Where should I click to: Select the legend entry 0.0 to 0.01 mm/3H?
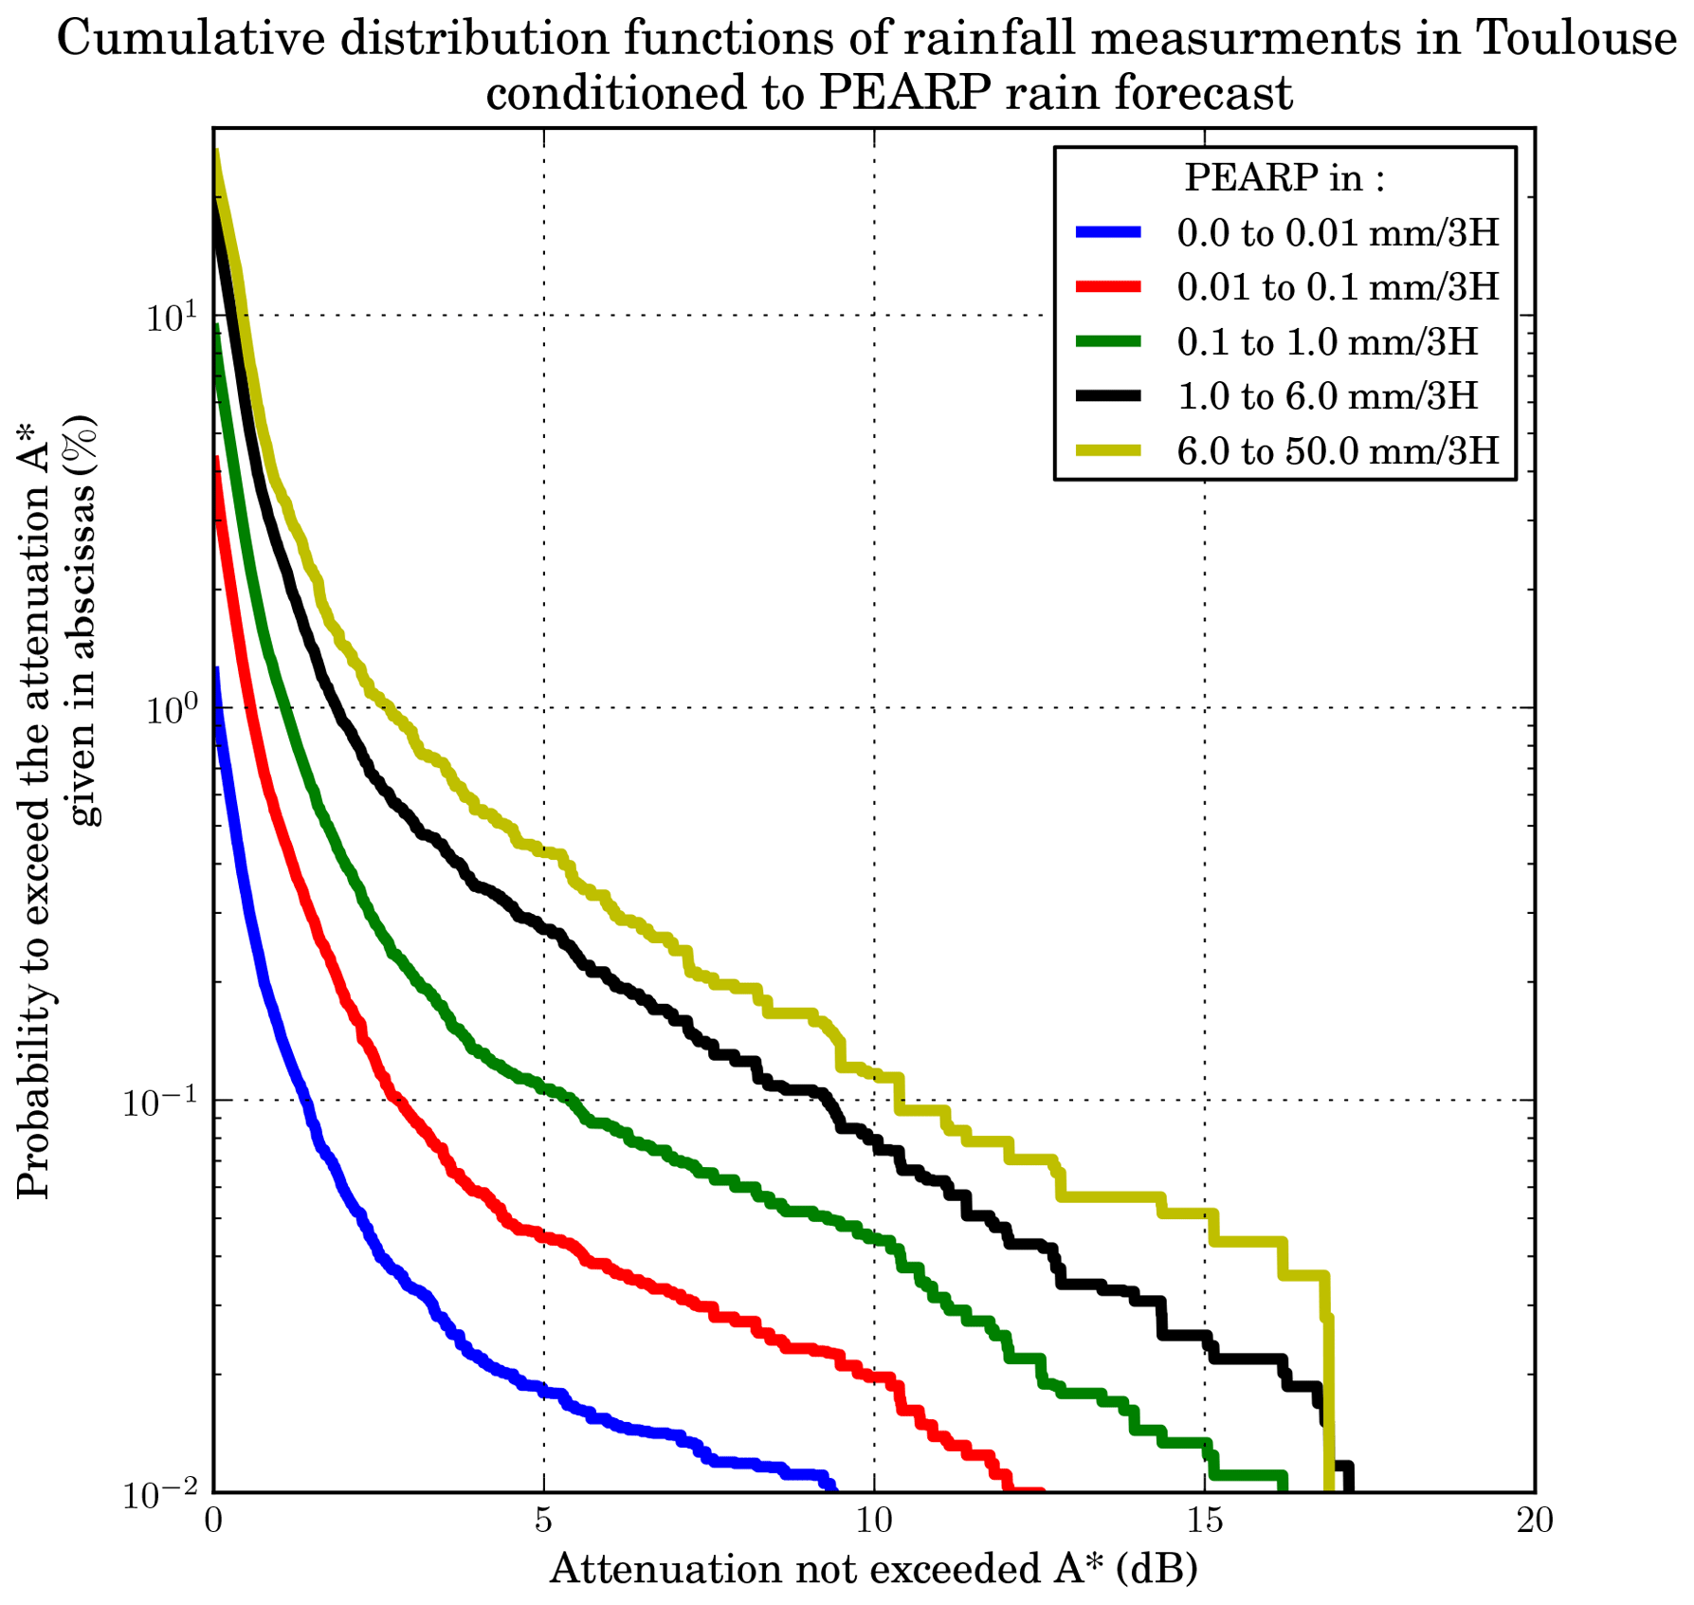tap(1338, 232)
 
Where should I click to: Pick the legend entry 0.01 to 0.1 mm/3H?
tap(1338, 286)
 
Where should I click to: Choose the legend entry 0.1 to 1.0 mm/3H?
tap(1327, 341)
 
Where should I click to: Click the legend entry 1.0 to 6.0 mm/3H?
tap(1327, 395)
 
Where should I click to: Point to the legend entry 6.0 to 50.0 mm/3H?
tap(1338, 450)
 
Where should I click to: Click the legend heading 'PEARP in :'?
tap(1284, 177)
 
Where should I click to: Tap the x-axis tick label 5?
tap(543, 1521)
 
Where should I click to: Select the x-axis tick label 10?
tap(874, 1521)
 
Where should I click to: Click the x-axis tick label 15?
tap(1204, 1521)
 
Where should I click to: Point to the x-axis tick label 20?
tap(1534, 1521)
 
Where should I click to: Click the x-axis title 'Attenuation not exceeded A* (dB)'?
tap(873, 1569)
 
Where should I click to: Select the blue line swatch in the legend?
tap(1108, 232)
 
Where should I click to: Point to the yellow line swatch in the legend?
tap(1108, 450)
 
